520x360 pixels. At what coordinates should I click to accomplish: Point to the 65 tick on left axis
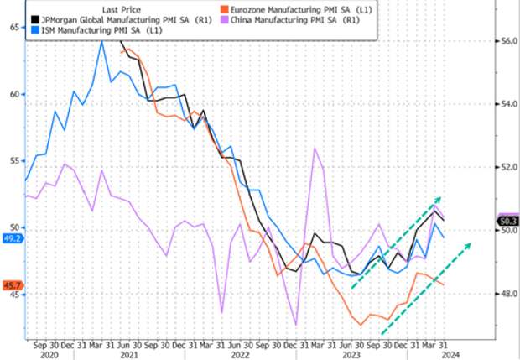click(15, 28)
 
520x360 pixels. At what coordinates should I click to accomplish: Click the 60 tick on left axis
click(15, 94)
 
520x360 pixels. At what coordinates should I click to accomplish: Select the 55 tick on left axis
click(15, 160)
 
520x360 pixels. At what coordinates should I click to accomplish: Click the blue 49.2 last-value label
click(12, 238)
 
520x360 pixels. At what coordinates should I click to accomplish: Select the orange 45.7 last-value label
click(12, 286)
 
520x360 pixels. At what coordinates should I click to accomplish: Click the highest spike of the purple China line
click(315, 148)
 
